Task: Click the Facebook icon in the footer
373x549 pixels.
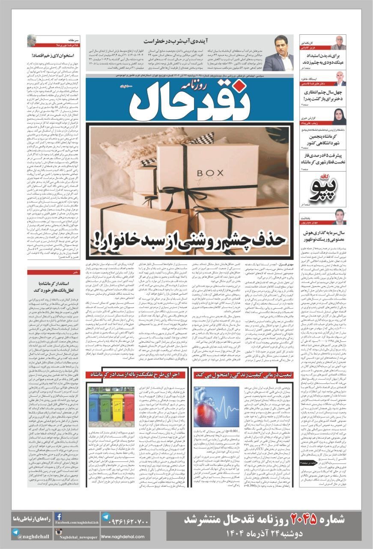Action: click(x=58, y=516)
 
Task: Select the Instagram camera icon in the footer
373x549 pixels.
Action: click(x=58, y=532)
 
